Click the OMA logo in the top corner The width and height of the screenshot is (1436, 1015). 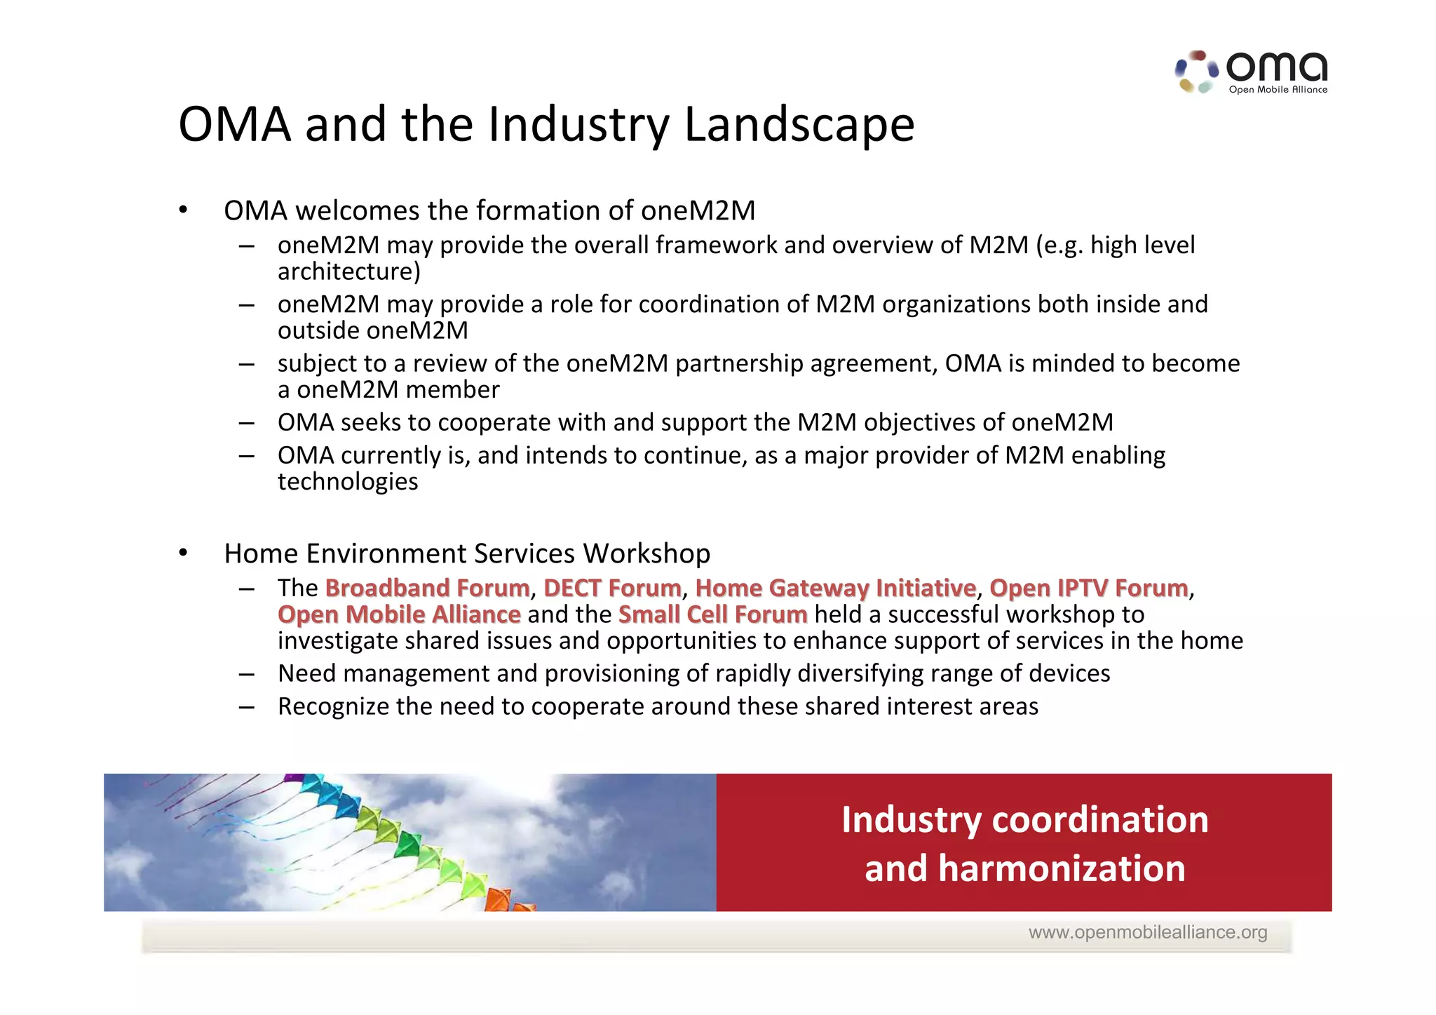click(1252, 72)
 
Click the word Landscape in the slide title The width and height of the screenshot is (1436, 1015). click(799, 125)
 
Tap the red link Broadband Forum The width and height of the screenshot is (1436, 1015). click(427, 588)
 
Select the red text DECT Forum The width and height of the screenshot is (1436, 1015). click(612, 588)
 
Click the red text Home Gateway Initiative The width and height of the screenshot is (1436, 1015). click(835, 588)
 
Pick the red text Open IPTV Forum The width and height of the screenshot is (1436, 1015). click(1088, 588)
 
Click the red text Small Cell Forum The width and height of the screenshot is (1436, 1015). click(712, 614)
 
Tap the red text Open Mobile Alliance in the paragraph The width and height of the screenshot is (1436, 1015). click(399, 614)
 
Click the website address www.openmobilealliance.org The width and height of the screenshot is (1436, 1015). click(1147, 932)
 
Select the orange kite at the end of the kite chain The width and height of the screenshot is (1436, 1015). click(499, 899)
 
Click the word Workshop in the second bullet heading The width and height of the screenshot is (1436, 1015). click(646, 553)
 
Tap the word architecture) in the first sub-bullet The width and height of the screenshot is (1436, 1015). click(348, 271)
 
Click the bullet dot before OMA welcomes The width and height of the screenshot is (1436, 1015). click(183, 210)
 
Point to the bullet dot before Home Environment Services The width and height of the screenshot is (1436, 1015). click(183, 553)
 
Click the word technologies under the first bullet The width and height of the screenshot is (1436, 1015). click(348, 482)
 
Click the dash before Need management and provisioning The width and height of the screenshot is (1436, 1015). click(246, 674)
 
